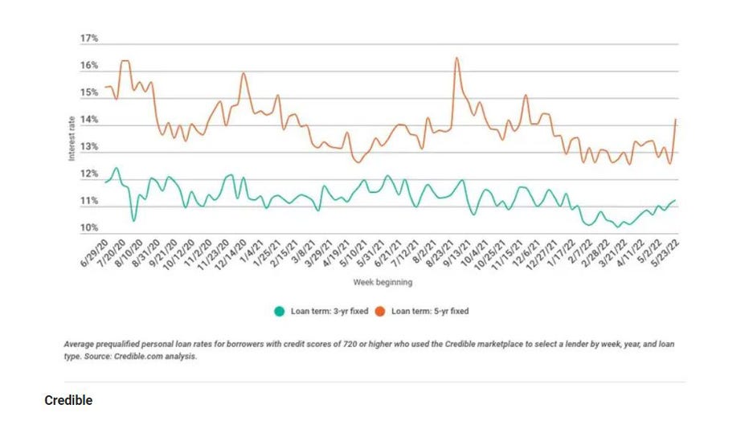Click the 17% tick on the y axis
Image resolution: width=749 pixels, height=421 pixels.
[x=88, y=39]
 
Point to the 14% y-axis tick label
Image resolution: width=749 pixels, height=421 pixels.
[x=88, y=120]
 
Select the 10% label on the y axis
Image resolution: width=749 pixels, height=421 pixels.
[x=88, y=228]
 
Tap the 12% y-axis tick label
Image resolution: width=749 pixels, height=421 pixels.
[x=88, y=174]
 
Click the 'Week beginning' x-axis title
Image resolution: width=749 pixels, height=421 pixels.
[x=383, y=283]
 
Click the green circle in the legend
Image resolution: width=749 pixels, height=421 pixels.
[x=280, y=310]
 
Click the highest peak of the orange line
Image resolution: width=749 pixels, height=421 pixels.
[x=456, y=58]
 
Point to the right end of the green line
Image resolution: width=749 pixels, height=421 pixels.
[x=675, y=200]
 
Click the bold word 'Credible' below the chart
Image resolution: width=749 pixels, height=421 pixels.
[x=68, y=400]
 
